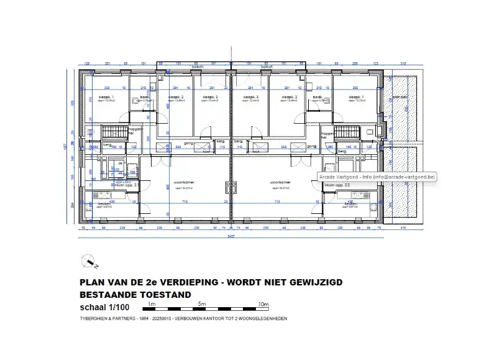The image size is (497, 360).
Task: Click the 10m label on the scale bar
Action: (263, 304)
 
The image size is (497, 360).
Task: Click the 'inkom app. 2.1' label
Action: (122, 185)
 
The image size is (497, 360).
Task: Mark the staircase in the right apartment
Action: (343, 132)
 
